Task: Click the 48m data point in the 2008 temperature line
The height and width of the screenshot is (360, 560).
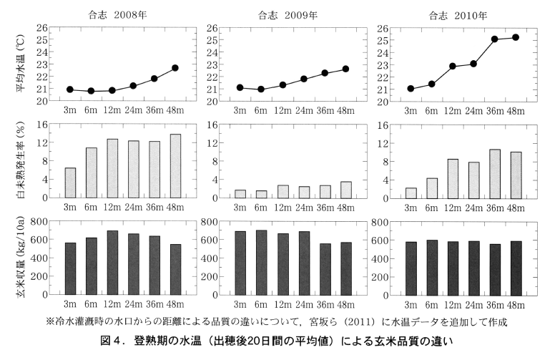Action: point(175,68)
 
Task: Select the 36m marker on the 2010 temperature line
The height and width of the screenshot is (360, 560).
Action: point(495,39)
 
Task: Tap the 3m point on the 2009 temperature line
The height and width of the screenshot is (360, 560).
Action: point(240,87)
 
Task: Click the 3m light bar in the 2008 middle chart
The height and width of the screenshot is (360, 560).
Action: point(70,183)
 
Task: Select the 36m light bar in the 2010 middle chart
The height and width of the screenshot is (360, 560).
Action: point(495,173)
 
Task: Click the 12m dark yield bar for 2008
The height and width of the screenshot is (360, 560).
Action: point(112,263)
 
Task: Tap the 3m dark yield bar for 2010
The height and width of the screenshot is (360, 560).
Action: point(411,268)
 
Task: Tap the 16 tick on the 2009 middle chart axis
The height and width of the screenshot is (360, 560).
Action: point(212,125)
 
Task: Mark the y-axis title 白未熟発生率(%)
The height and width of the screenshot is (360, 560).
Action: point(21,161)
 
